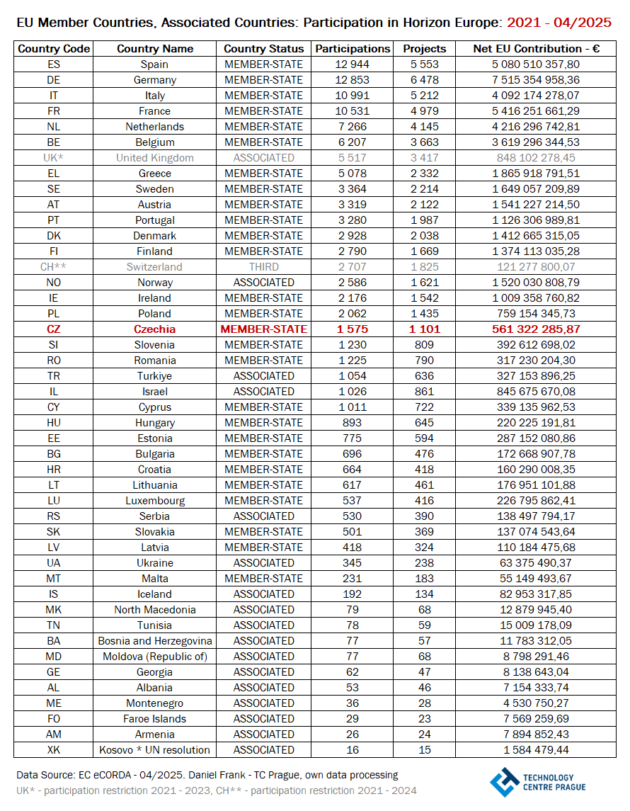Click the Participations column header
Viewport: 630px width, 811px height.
tap(353, 49)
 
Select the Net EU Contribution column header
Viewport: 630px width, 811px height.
tap(537, 49)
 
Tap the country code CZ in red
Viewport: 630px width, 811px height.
tap(54, 329)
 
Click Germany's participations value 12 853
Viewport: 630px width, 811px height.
tap(353, 80)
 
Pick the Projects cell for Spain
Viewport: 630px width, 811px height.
tap(425, 64)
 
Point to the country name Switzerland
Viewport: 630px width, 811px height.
tap(154, 267)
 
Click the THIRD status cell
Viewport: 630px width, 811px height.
tap(263, 267)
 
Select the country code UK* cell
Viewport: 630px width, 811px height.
tap(54, 158)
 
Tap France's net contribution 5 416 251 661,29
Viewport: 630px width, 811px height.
tap(537, 111)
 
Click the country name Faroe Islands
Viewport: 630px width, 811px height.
tap(154, 719)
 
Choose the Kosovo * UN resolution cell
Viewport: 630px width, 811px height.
tap(154, 750)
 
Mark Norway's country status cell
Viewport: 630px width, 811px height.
tap(263, 283)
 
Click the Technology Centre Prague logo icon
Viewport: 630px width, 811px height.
tap(504, 782)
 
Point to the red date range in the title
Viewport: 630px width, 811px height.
tap(559, 23)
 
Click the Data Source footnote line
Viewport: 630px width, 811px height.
tap(207, 775)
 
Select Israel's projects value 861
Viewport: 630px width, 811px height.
tap(425, 392)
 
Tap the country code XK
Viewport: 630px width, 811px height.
tap(54, 750)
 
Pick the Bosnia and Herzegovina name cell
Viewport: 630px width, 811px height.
tap(154, 641)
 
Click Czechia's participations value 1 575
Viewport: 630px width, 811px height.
tap(353, 329)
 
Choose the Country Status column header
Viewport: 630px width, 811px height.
tap(263, 49)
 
